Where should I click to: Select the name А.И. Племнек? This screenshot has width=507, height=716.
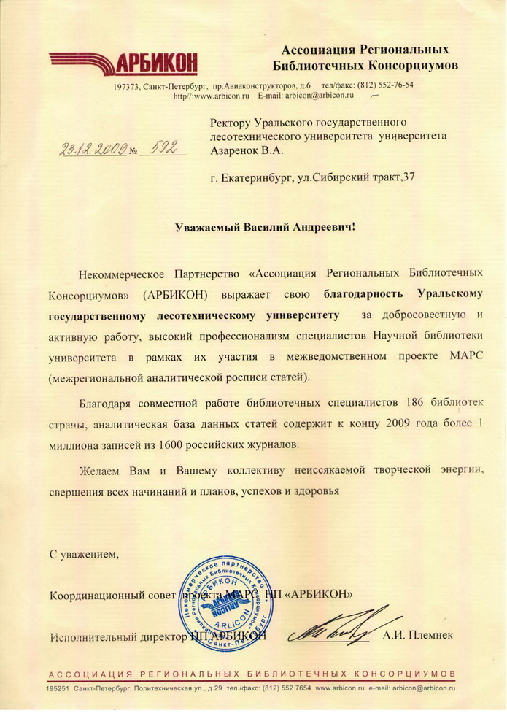click(417, 636)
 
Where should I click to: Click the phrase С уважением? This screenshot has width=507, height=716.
click(83, 555)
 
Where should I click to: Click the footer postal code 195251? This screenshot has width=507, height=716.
click(60, 688)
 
